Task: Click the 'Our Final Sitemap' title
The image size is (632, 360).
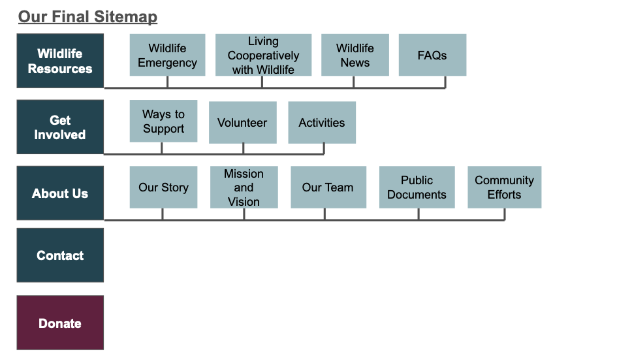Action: [87, 16]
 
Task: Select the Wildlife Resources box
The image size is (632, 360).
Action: [60, 61]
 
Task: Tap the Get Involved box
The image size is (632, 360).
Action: [60, 127]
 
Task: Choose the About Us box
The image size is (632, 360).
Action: [60, 193]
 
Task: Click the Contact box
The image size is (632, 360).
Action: [60, 255]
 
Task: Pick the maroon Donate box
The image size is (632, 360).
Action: [60, 323]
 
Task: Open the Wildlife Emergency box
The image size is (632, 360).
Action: [167, 56]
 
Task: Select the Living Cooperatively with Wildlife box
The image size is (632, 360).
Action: [263, 56]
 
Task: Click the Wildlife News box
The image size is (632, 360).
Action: [355, 56]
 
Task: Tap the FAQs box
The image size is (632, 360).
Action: [432, 56]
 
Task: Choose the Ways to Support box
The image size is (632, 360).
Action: [163, 122]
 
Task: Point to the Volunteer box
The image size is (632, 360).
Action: [242, 122]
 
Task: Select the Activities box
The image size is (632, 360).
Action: [322, 122]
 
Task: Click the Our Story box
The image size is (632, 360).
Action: [163, 188]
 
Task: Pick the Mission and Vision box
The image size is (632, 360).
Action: [244, 188]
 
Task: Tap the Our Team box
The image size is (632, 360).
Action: [327, 188]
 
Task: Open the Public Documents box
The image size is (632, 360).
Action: [417, 188]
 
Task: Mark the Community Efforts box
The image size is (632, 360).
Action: [504, 188]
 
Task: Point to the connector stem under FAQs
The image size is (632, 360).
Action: [446, 82]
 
